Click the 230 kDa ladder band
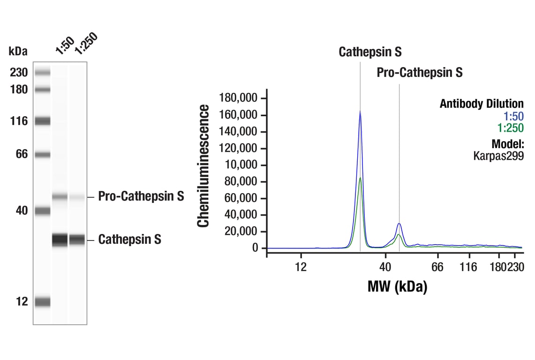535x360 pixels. (x=42, y=72)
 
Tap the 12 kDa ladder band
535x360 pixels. (x=42, y=302)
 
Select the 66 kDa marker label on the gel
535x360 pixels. (x=20, y=154)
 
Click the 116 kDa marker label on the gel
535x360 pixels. (x=19, y=121)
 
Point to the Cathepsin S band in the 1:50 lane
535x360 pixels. (x=60, y=240)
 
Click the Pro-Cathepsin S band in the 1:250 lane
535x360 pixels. (x=77, y=197)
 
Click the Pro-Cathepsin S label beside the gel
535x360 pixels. (x=141, y=196)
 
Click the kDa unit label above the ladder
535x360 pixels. (x=18, y=51)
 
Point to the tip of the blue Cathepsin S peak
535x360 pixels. (x=360, y=112)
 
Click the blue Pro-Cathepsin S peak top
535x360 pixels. (x=399, y=224)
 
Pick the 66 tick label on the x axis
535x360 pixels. (x=437, y=267)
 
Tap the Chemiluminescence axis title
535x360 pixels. (x=203, y=166)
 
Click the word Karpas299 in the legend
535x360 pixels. (x=498, y=155)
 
